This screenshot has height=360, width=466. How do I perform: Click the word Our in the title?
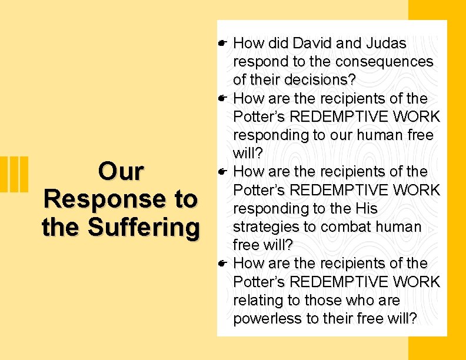click(x=121, y=172)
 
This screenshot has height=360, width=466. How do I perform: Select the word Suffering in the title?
click(x=142, y=226)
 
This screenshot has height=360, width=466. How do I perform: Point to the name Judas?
click(x=385, y=43)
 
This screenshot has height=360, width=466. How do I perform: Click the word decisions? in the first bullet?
click(x=319, y=79)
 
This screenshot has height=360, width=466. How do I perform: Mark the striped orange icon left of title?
click(x=18, y=174)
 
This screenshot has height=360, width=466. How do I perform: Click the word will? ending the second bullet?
click(x=247, y=153)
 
